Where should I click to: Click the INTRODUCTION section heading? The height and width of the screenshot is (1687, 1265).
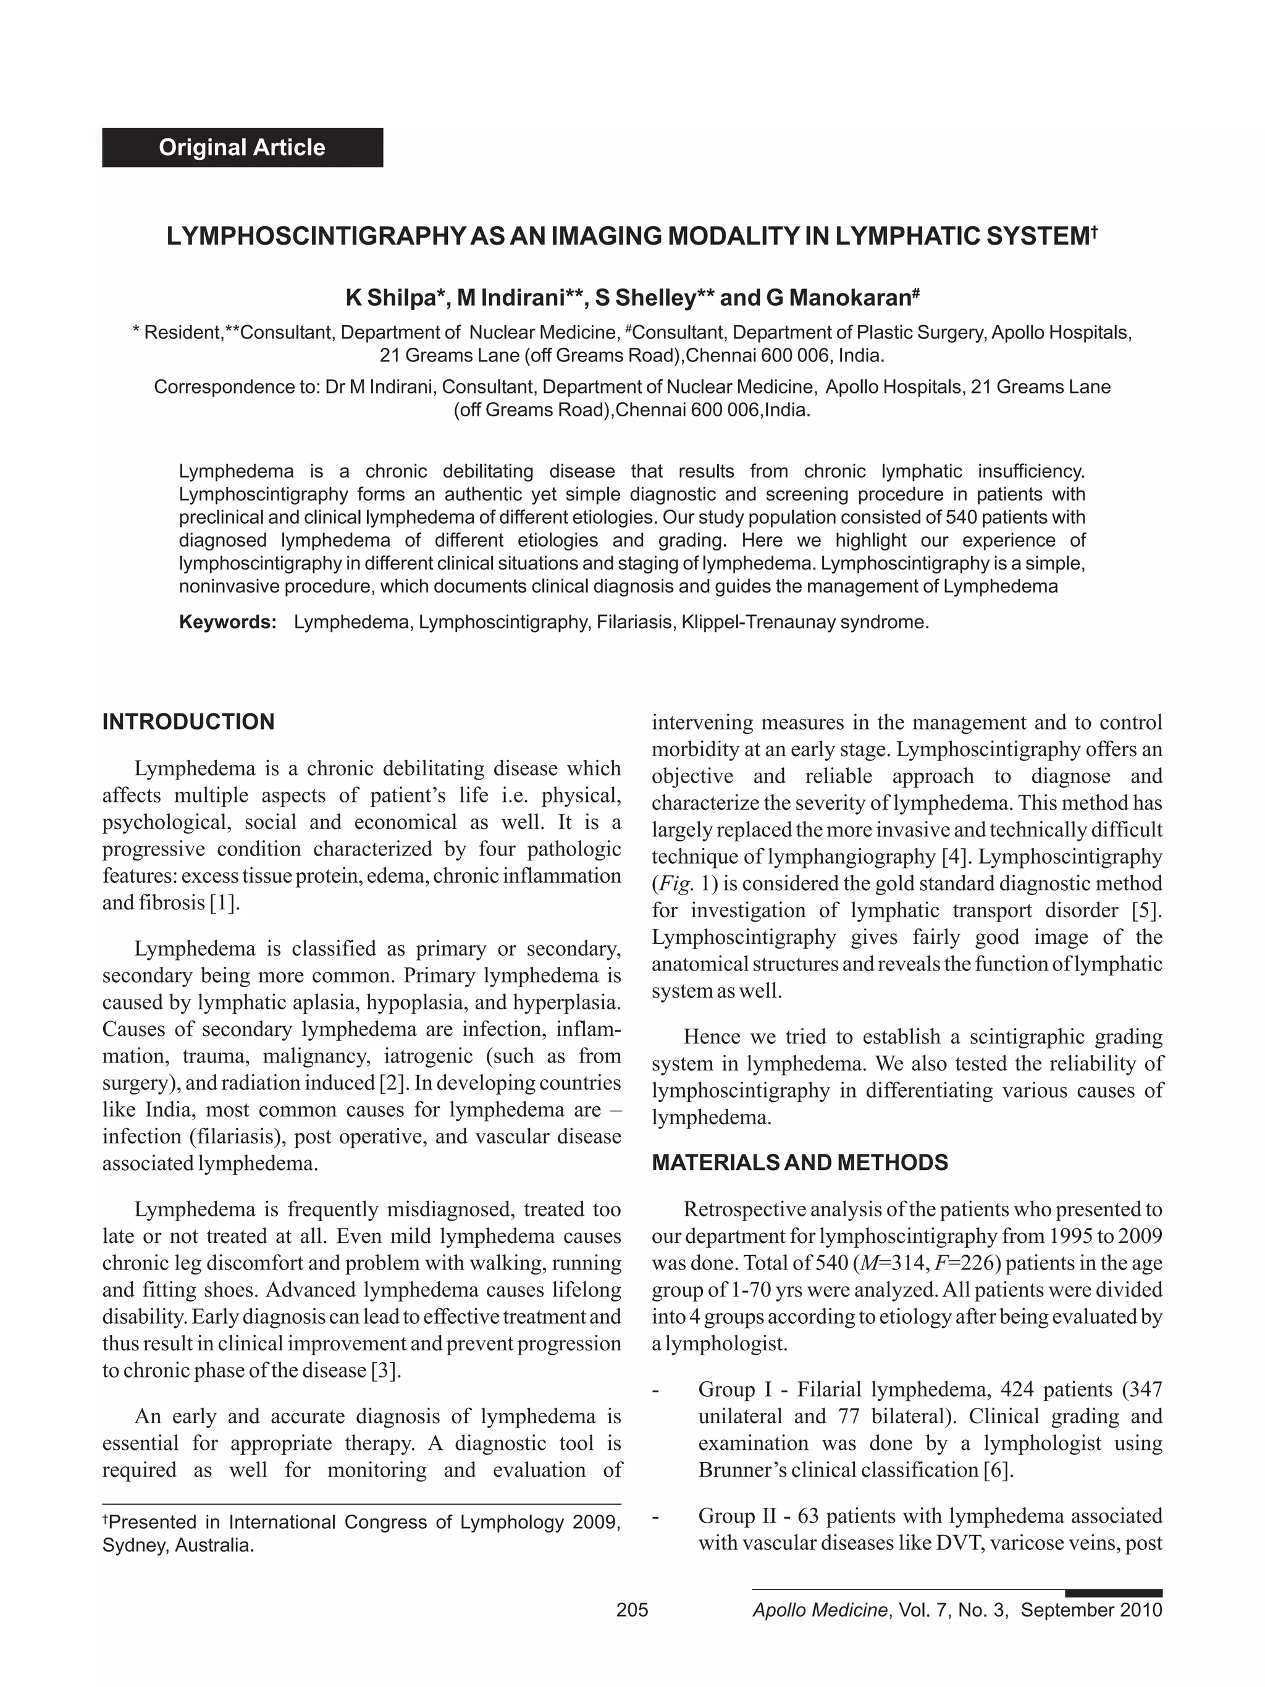[188, 721]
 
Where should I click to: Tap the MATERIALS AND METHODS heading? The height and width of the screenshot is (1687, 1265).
[799, 1163]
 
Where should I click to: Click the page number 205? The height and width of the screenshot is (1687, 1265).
[631, 1610]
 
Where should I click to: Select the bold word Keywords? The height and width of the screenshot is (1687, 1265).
[227, 621]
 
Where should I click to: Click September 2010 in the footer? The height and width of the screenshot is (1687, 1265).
[1091, 1610]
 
